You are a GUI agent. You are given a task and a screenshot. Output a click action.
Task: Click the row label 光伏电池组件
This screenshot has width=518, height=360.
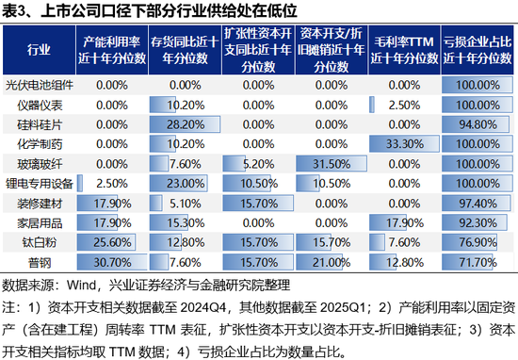(40, 84)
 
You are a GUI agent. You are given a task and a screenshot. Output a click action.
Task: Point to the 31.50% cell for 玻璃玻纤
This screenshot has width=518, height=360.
(332, 163)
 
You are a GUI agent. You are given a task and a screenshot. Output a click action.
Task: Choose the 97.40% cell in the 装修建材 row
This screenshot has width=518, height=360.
(477, 203)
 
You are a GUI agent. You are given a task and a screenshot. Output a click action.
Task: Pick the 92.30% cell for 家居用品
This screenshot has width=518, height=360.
(477, 222)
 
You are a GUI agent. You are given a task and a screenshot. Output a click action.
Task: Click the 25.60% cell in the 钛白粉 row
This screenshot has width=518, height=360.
(112, 242)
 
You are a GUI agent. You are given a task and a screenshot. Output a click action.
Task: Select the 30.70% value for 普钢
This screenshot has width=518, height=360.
(112, 262)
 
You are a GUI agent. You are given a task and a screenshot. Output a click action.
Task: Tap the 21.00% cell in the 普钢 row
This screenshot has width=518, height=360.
(332, 262)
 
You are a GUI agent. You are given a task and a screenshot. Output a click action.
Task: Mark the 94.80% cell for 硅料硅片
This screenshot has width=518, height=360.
(477, 123)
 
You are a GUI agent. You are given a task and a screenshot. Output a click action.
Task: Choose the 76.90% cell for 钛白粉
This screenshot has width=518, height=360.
(477, 242)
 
